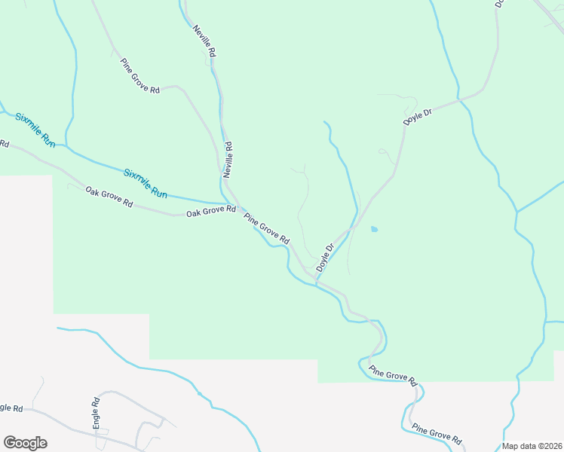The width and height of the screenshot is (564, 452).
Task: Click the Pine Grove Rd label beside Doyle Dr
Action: (266, 228)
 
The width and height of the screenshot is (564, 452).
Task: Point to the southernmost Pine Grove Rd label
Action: (437, 435)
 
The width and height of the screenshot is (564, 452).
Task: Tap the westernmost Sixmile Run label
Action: (36, 130)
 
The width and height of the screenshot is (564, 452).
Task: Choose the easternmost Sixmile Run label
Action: (146, 182)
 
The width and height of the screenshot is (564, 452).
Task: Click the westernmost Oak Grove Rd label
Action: (109, 197)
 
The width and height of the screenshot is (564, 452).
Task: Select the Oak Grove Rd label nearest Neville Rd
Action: (211, 212)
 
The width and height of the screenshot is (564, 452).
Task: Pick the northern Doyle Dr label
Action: (417, 117)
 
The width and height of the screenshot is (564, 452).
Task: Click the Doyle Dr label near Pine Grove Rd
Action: (325, 258)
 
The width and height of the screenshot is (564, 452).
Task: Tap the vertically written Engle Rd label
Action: (97, 412)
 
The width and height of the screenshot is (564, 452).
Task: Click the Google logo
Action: (25, 443)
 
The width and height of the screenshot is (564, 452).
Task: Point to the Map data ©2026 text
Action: (532, 446)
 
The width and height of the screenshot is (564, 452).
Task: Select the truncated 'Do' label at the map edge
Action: (499, 4)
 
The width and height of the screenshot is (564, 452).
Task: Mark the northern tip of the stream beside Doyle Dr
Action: (325, 121)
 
